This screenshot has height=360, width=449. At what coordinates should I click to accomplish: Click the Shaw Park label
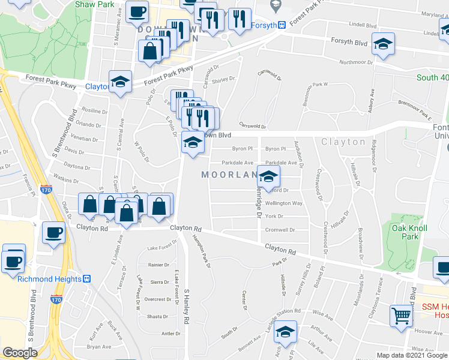tap(95, 4)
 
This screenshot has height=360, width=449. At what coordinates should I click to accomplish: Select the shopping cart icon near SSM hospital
tap(401, 314)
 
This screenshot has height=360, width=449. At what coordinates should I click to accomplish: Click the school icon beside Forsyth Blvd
tap(383, 44)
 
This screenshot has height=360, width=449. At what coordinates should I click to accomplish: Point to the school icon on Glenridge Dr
tap(269, 176)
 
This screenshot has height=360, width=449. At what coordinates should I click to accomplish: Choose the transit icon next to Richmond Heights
tap(86, 279)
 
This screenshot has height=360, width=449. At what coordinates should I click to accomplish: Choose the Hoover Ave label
tap(428, 331)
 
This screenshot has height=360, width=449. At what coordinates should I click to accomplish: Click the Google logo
tap(20, 353)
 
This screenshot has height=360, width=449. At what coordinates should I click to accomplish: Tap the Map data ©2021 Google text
tap(412, 355)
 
